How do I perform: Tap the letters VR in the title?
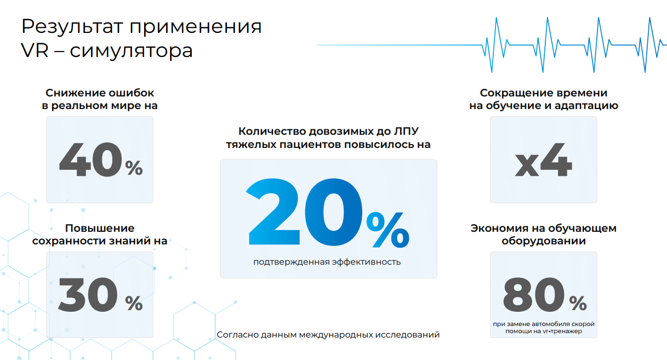pyautogui.click(x=35, y=50)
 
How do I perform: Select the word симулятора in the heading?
pyautogui.click(x=132, y=52)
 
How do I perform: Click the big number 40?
pyautogui.click(x=90, y=159)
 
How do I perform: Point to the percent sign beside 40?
pyautogui.click(x=134, y=168)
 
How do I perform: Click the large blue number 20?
pyautogui.click(x=304, y=212)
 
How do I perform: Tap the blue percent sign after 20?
pyautogui.click(x=387, y=230)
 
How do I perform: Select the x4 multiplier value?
pyautogui.click(x=544, y=160)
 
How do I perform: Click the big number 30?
pyautogui.click(x=88, y=294)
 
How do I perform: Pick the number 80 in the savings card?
pyautogui.click(x=534, y=294)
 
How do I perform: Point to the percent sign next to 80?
pyautogui.click(x=578, y=303)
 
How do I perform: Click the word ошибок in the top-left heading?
pyautogui.click(x=131, y=93)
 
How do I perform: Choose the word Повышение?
pyautogui.click(x=100, y=228)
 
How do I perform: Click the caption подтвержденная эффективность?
pyautogui.click(x=327, y=262)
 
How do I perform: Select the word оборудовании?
pyautogui.click(x=544, y=241)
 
